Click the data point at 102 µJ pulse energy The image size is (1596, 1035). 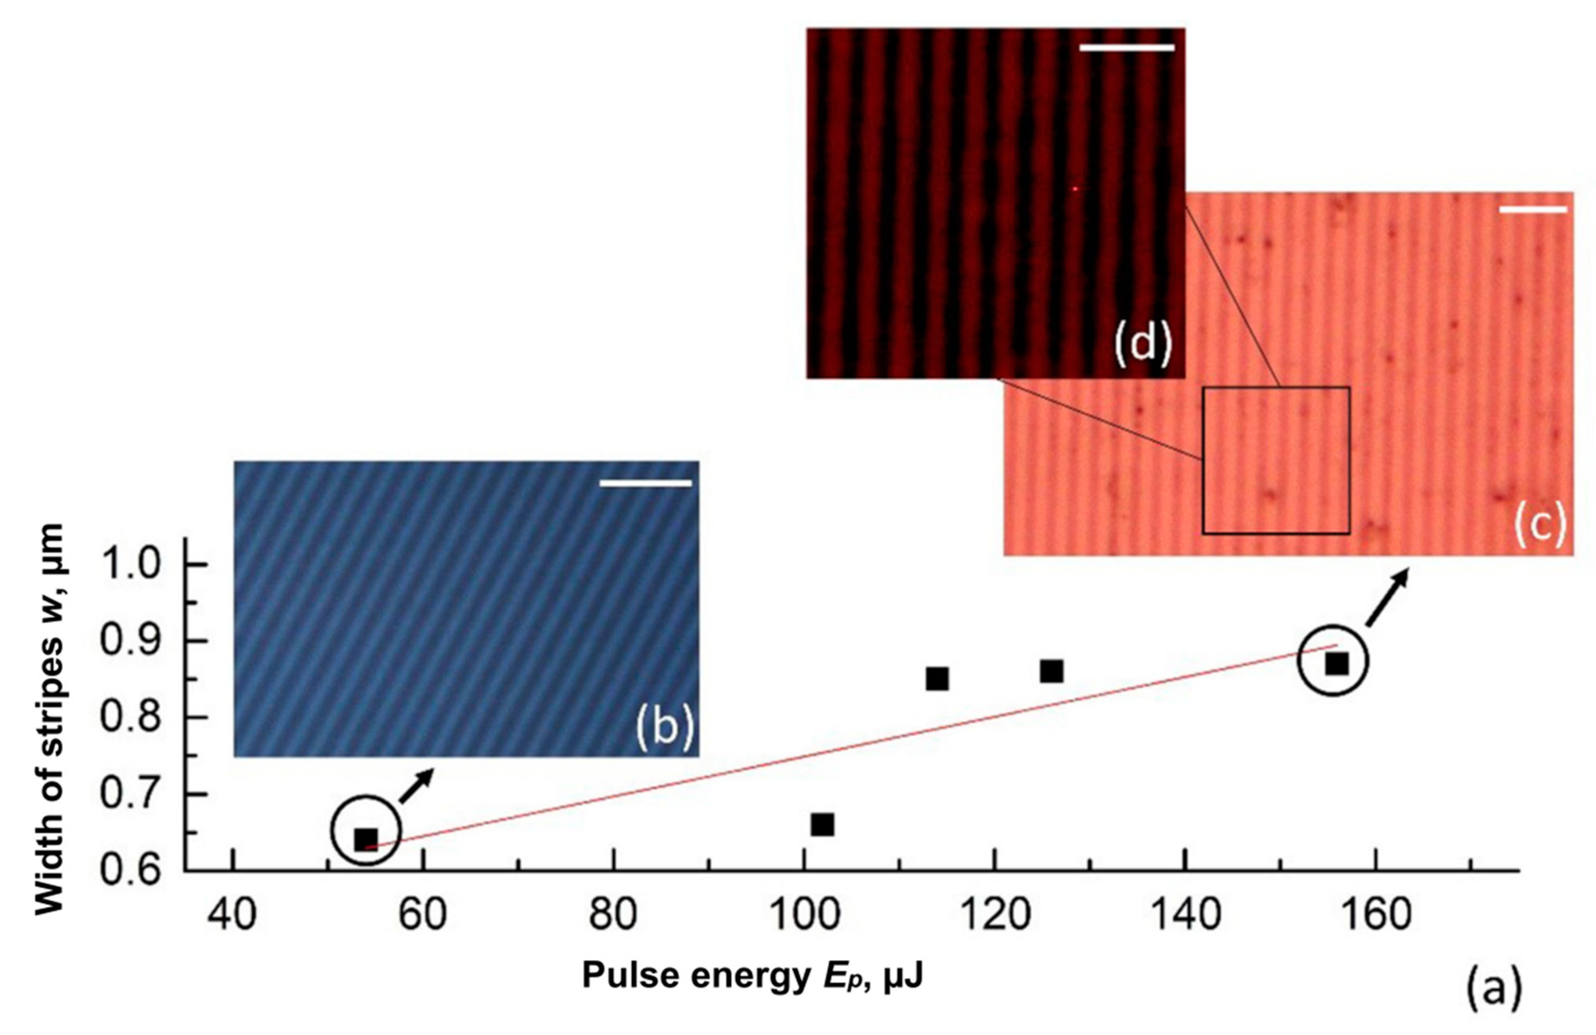[x=822, y=825]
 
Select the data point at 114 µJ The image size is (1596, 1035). [x=937, y=679]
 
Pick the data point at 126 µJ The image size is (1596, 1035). [x=1051, y=671]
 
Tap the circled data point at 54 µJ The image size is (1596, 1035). [x=366, y=838]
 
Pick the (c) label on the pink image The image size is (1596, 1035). [x=1540, y=525]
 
